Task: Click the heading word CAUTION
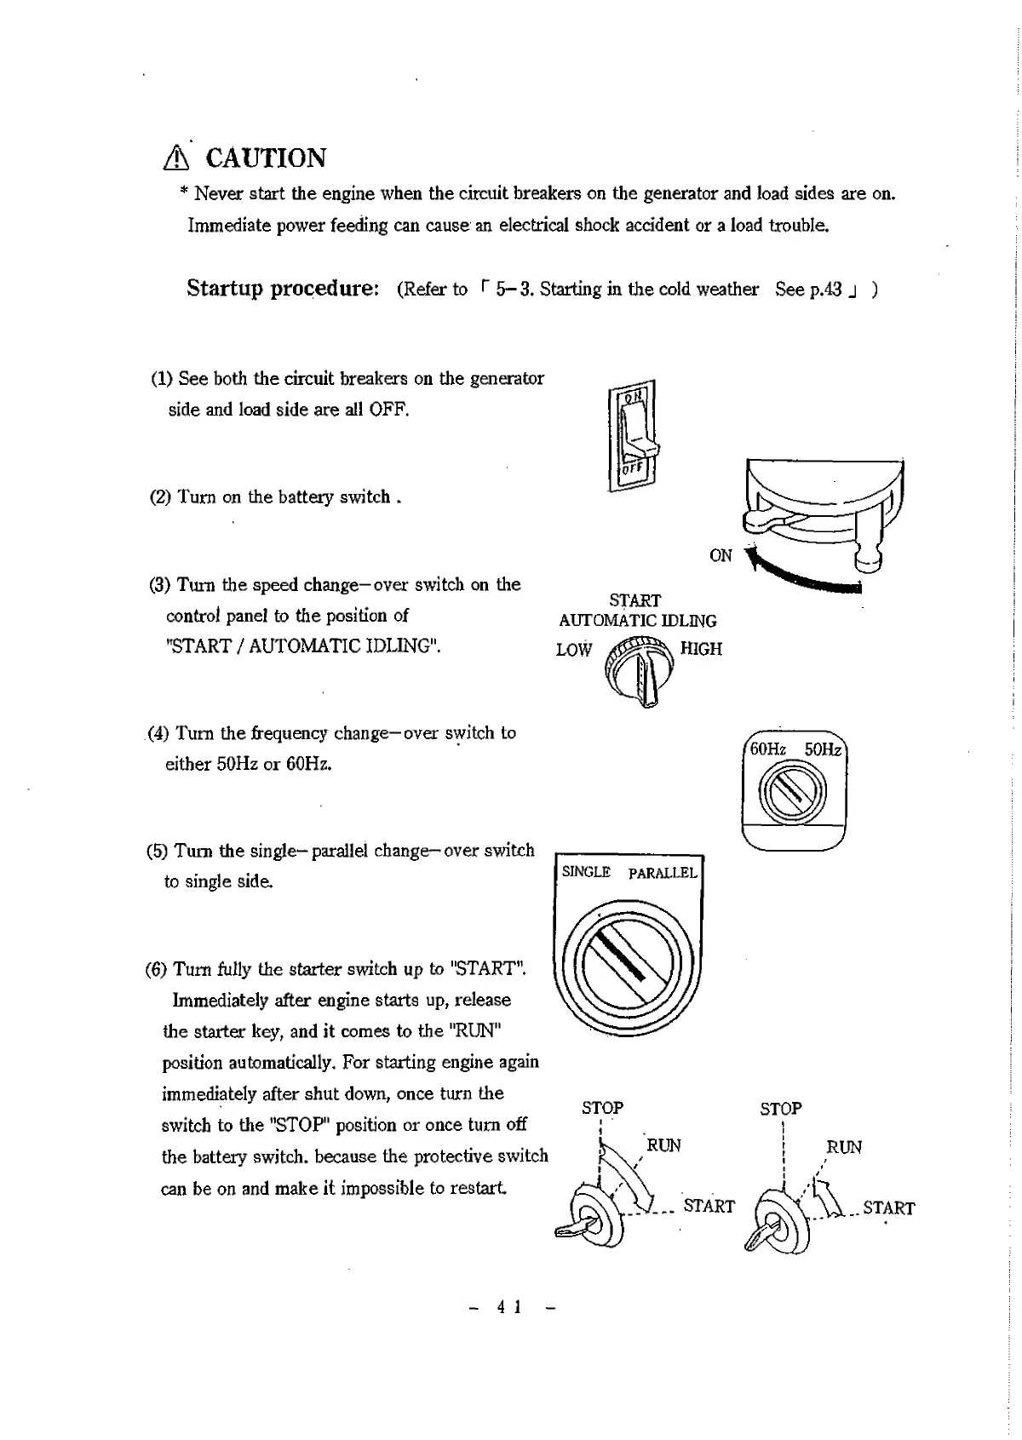coord(266,158)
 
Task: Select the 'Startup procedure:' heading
coord(283,289)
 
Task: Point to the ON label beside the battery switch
coord(721,556)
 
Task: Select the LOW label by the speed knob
coord(573,650)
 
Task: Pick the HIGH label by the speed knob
coord(701,649)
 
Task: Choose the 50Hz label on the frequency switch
coord(823,749)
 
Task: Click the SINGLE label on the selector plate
coord(586,872)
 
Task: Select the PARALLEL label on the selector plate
coord(663,873)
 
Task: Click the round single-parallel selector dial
coord(629,963)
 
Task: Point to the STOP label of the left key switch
coord(602,1108)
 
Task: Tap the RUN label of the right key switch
coord(844,1147)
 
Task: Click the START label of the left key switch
coord(709,1206)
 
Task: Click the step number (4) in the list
coord(158,733)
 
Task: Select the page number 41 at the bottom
coord(509,1307)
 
